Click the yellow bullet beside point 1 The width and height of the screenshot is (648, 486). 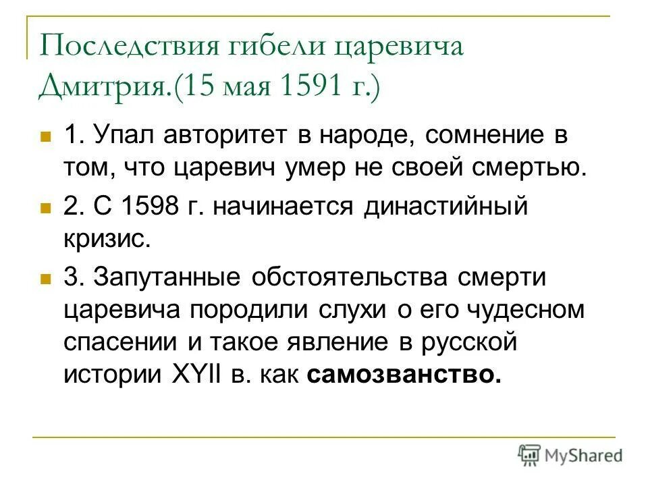[x=45, y=136]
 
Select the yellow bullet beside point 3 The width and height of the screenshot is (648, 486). [x=45, y=277]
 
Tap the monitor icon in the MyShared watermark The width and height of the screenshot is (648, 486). [x=529, y=454]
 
